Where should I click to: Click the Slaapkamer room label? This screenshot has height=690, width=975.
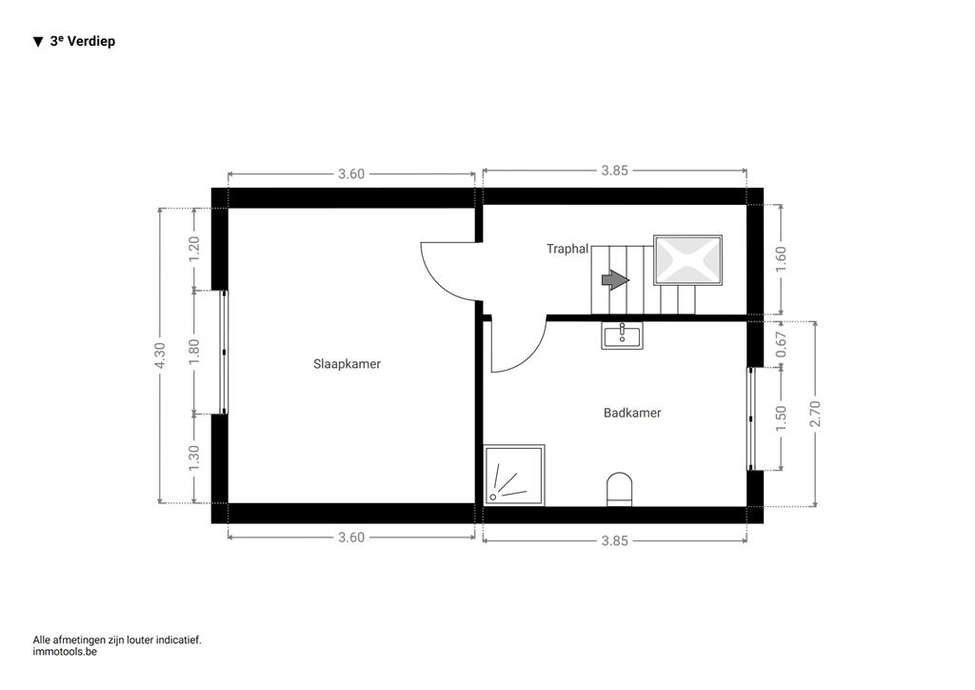click(x=347, y=364)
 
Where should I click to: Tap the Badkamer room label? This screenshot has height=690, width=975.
click(x=632, y=413)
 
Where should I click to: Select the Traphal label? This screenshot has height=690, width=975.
click(x=567, y=249)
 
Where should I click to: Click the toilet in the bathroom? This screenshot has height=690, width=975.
click(x=619, y=488)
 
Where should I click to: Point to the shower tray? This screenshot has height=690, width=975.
click(x=514, y=475)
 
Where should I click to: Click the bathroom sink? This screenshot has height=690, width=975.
click(x=622, y=335)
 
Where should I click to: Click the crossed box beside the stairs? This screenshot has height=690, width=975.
click(x=687, y=260)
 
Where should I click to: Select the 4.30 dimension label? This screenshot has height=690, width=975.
click(x=160, y=355)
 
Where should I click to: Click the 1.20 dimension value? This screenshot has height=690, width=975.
click(x=194, y=249)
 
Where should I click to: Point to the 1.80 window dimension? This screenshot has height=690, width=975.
click(x=194, y=352)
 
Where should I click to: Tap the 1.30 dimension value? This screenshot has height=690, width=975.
click(x=194, y=457)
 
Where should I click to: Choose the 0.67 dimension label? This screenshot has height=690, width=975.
click(x=782, y=344)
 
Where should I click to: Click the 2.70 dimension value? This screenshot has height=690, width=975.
click(x=816, y=414)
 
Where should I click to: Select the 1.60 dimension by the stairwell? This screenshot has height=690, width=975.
click(x=782, y=259)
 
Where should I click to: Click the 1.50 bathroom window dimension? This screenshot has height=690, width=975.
click(x=782, y=418)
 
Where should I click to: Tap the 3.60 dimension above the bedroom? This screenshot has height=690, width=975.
click(x=351, y=174)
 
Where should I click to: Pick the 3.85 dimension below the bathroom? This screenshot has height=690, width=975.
click(x=615, y=541)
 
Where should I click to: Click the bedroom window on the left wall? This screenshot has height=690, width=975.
click(x=225, y=353)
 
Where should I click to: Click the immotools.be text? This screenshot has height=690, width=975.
click(x=65, y=652)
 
